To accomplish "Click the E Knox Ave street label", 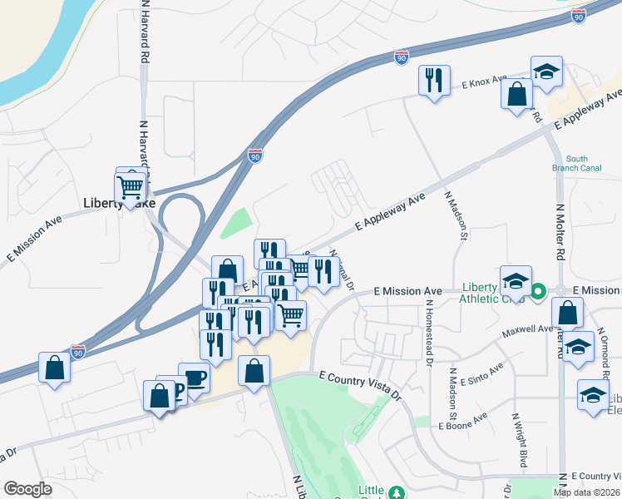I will (485, 82).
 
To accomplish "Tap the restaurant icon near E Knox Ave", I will (434, 82).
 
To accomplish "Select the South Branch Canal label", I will (576, 164).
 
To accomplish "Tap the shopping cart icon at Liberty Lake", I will (131, 188).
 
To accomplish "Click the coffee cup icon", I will (194, 378).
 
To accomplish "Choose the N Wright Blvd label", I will (519, 440).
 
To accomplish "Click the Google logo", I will (27, 489).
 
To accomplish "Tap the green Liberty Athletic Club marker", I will (538, 291).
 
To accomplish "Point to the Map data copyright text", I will (587, 492).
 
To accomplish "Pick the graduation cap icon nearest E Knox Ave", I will (546, 73).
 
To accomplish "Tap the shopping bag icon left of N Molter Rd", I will (566, 314).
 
